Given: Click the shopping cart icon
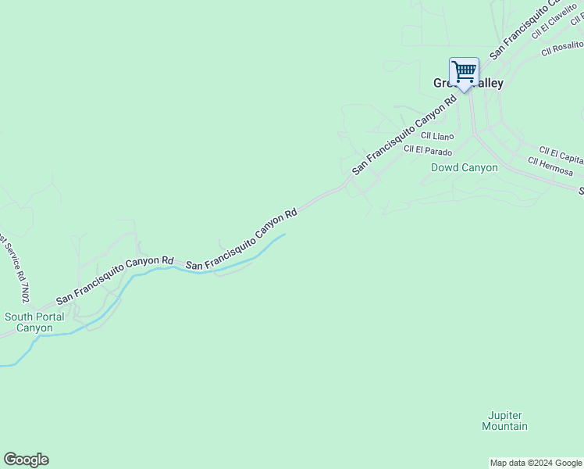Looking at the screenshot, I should [464, 72].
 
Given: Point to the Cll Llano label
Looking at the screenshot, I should [437, 136].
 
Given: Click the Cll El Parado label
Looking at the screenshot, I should [428, 150].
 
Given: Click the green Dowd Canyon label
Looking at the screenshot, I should [464, 167].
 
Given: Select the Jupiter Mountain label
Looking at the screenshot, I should [504, 421].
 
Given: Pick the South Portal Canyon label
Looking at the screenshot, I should [34, 322].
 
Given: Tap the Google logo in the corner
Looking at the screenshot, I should [26, 460].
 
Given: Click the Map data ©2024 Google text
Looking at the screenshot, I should [536, 463].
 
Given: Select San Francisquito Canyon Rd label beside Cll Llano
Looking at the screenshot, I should [404, 134].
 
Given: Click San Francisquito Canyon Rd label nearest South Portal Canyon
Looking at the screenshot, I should [114, 280].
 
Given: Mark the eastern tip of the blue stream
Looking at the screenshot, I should [284, 234].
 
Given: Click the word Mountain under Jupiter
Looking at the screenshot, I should [504, 427].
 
